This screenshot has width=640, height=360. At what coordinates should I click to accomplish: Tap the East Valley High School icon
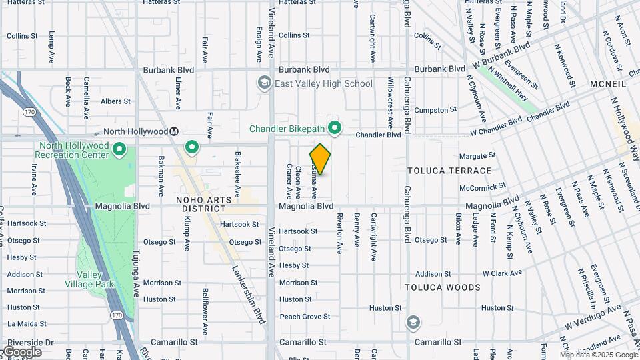point(264,83)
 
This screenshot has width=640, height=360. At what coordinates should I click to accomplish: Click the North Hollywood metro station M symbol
point(174,131)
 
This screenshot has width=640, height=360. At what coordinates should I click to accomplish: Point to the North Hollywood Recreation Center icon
point(119,149)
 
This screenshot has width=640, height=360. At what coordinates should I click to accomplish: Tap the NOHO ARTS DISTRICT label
point(203,205)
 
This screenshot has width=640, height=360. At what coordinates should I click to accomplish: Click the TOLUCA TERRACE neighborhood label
point(449,171)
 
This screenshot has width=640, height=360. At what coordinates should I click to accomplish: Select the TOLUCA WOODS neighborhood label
point(443,287)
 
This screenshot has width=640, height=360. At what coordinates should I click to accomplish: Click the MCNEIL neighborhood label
point(608,85)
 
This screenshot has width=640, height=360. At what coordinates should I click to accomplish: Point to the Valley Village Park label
point(95,279)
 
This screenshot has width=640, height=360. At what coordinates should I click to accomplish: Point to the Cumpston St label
point(435,109)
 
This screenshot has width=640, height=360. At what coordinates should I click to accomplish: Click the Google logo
point(22,351)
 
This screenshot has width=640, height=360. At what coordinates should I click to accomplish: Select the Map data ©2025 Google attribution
point(598,355)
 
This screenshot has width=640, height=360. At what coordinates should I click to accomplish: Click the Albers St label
point(115,101)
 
